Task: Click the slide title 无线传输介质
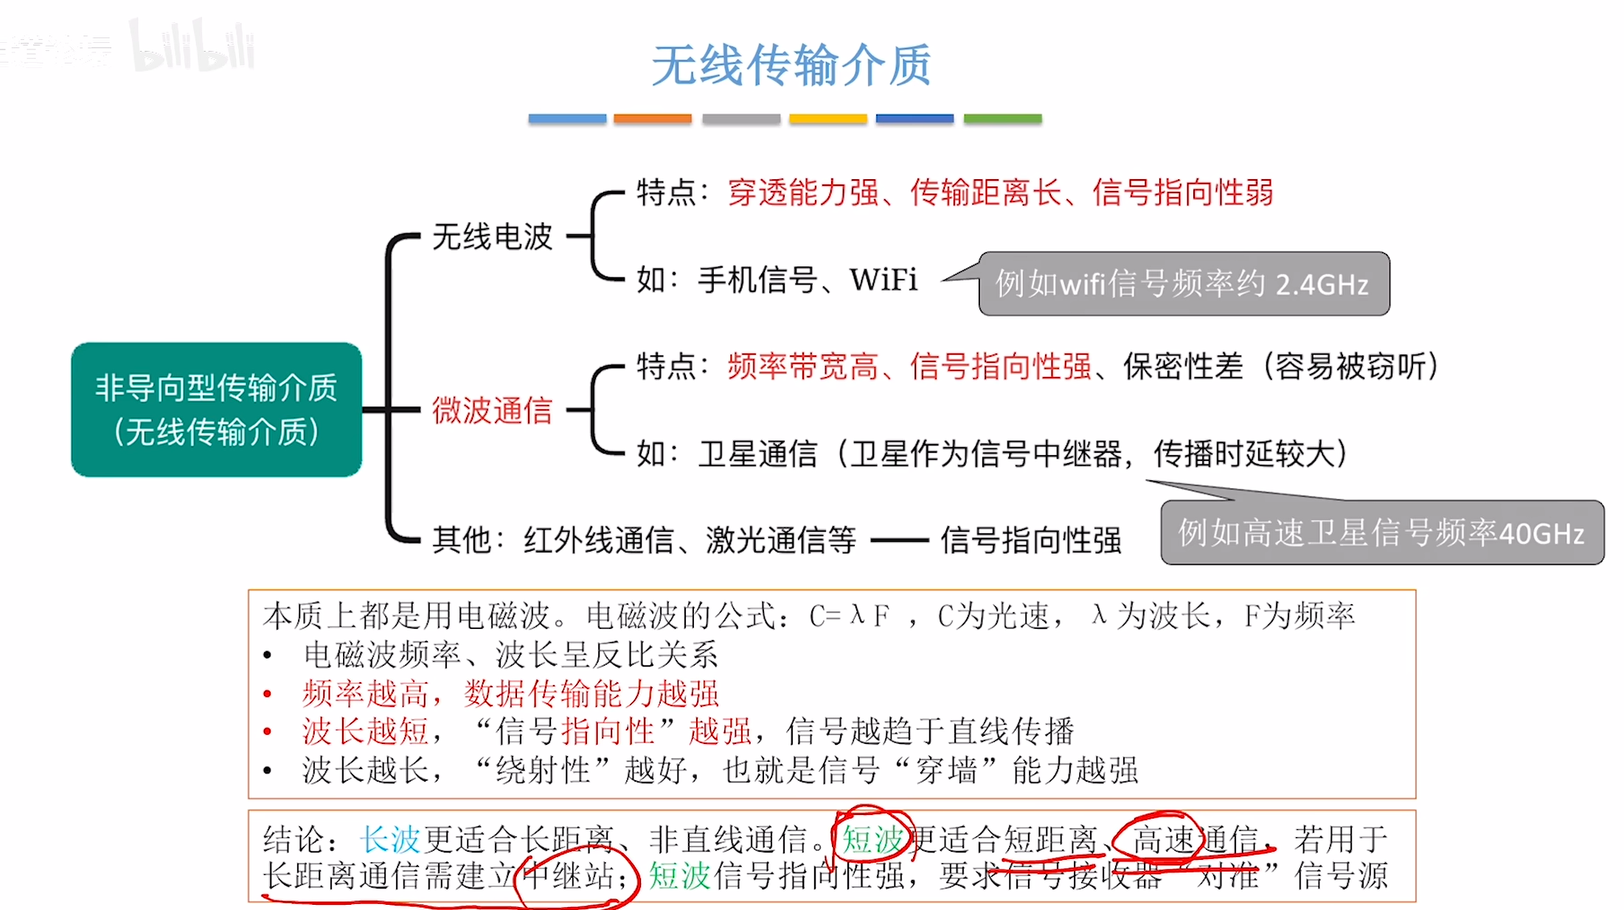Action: pos(791,65)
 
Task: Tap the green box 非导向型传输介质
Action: pos(216,409)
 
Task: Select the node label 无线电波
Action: pos(492,237)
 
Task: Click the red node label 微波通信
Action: pos(492,410)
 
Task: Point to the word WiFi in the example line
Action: pos(884,280)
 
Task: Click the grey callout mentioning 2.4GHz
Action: pos(1183,284)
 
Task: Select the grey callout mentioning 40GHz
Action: pos(1381,532)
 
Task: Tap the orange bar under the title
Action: pos(652,119)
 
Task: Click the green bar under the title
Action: pos(1002,119)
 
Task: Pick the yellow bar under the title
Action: pos(827,119)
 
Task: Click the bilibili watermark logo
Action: pos(193,49)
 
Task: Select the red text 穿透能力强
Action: pos(803,192)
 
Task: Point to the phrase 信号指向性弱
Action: pos(1183,192)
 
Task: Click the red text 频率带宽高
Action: pos(803,367)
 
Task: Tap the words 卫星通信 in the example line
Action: pos(758,454)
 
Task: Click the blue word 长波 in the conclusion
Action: pos(390,839)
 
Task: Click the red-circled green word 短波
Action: pos(872,839)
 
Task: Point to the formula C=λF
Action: pos(849,616)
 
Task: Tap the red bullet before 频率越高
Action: pos(268,694)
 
